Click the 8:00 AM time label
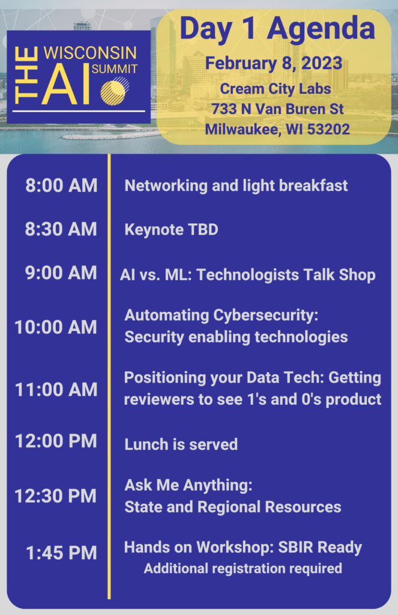[x=62, y=186]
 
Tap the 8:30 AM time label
[x=61, y=229]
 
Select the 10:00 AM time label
[x=56, y=327]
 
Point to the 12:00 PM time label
[x=56, y=441]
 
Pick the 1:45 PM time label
[x=61, y=553]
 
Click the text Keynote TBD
[x=171, y=229]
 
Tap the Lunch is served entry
[x=181, y=444]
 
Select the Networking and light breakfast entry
[x=236, y=186]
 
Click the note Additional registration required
[x=243, y=568]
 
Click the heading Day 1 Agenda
[x=277, y=29]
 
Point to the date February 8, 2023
[x=274, y=64]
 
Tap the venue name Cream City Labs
[x=276, y=89]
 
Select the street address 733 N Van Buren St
[x=277, y=109]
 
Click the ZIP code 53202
[x=328, y=129]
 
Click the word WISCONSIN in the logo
[x=90, y=53]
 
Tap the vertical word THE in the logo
[x=26, y=76]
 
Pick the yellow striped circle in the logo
[x=113, y=92]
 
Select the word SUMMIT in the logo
[x=115, y=69]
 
